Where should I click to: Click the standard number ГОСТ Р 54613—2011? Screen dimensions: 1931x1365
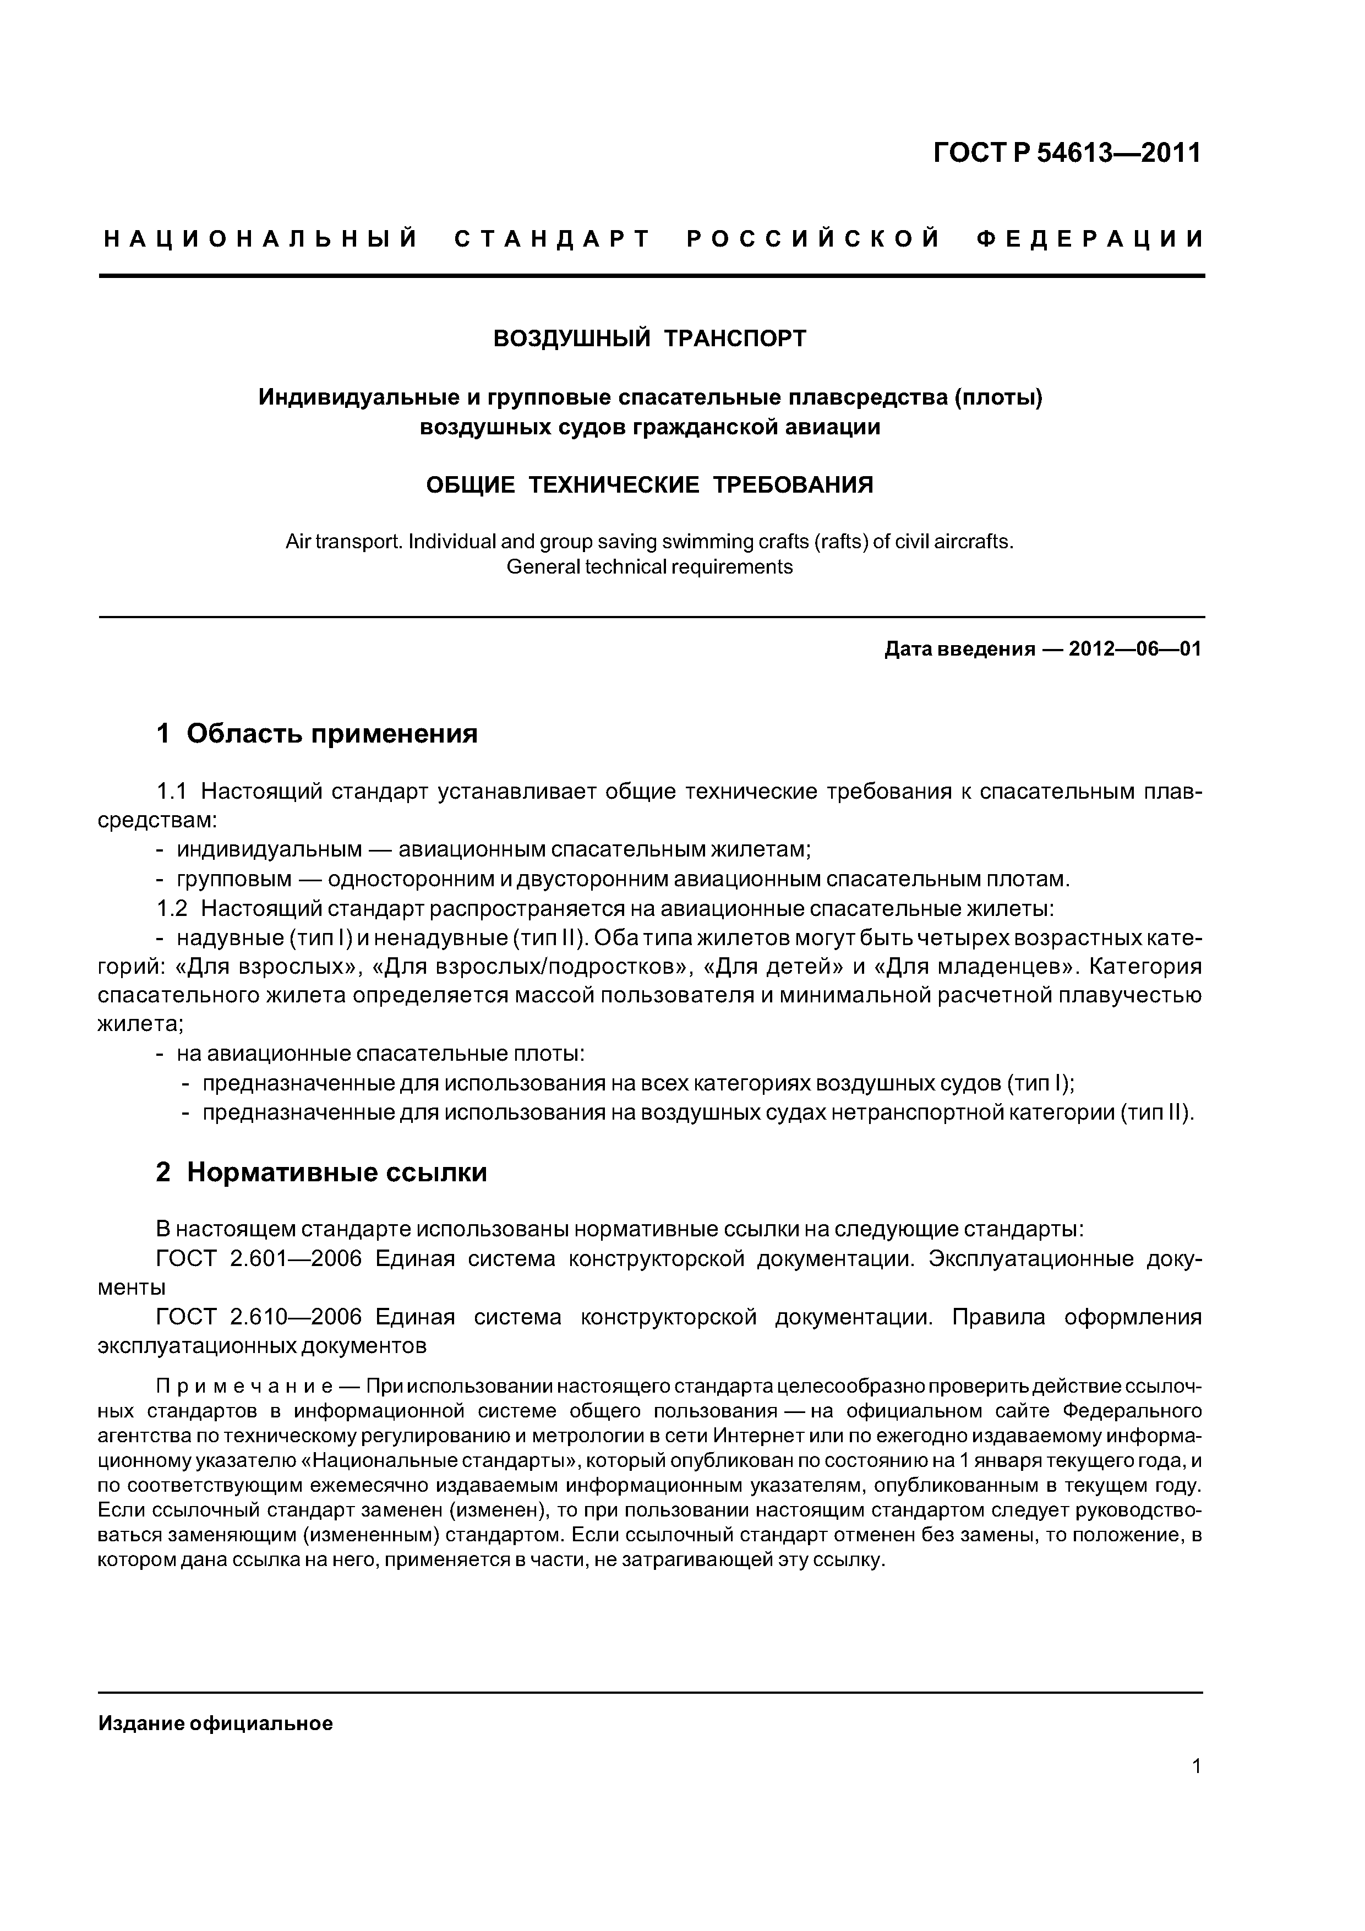[1067, 153]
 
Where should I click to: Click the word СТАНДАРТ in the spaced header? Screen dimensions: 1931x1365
[553, 239]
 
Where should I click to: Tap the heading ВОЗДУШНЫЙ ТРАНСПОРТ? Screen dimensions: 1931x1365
[649, 339]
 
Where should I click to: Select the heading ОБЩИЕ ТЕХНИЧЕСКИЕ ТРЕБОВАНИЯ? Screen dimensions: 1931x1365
[649, 486]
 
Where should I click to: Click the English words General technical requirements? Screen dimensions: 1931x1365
[649, 567]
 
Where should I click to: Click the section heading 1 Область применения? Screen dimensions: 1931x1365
[316, 733]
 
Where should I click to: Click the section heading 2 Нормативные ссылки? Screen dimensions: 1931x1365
[321, 1171]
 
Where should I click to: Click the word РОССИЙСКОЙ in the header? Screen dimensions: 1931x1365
[813, 239]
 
